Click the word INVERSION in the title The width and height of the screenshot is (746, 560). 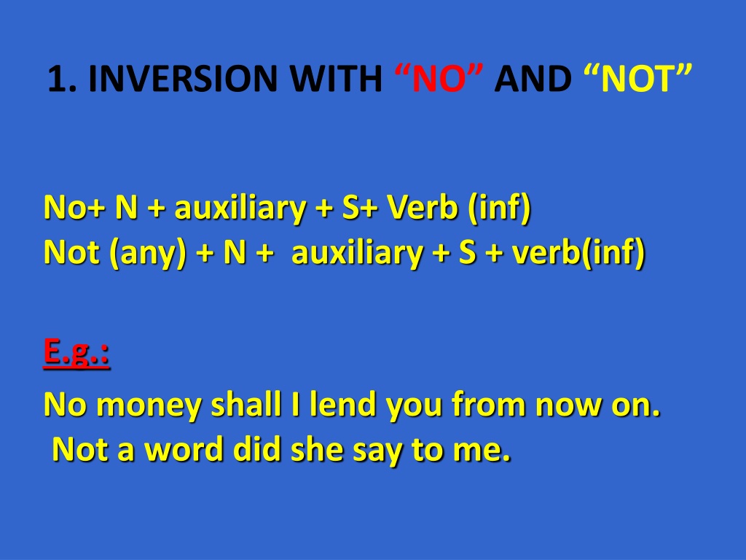(182, 78)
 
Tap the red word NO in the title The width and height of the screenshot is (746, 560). (439, 78)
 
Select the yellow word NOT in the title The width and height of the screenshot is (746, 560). (637, 78)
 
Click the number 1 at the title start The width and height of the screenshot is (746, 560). (57, 78)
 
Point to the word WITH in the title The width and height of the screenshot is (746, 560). (335, 78)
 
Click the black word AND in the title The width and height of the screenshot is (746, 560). (533, 78)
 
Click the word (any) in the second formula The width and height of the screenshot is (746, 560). (148, 253)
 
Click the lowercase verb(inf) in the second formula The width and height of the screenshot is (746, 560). (578, 252)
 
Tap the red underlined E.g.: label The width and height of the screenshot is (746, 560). (76, 352)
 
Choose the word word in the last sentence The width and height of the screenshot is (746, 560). (184, 448)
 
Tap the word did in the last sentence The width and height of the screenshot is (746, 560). (257, 448)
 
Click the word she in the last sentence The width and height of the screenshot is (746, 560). (317, 448)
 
